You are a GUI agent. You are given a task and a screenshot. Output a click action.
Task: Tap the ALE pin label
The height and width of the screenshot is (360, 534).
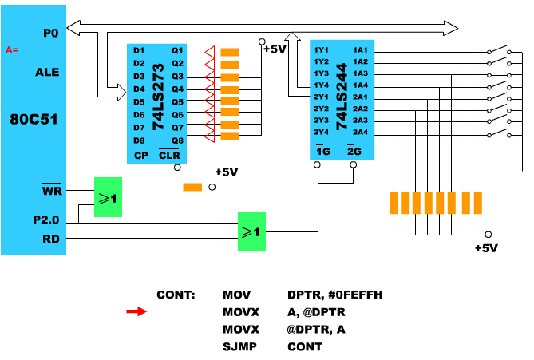[48, 71]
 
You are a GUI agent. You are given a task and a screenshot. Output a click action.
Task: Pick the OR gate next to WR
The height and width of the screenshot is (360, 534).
[108, 197]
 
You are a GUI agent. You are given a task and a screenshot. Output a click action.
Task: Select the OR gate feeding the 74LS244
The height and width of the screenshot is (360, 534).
[251, 231]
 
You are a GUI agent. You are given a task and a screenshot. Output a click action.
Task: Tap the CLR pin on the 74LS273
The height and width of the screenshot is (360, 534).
[170, 155]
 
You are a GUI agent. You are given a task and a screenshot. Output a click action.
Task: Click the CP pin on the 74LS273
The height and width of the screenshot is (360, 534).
[140, 155]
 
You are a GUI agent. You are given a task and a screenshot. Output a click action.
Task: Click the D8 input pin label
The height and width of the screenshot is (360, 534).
[139, 140]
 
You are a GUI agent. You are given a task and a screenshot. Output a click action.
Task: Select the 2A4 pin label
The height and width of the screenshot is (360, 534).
[360, 132]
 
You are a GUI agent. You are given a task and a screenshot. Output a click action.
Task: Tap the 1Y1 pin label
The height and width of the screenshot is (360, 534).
[322, 50]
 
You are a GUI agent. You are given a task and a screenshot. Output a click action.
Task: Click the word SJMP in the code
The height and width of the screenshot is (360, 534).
[240, 346]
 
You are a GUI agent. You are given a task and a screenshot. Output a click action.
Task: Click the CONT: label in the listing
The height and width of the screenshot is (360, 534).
[176, 295]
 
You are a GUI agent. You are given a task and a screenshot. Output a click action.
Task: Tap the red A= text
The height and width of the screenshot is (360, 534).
[12, 50]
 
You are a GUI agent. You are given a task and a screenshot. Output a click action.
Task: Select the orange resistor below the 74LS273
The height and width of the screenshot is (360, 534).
[192, 188]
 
